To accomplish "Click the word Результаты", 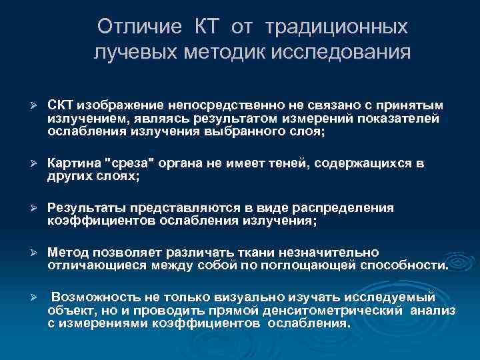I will [87, 208].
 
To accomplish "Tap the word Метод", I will [69, 252].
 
